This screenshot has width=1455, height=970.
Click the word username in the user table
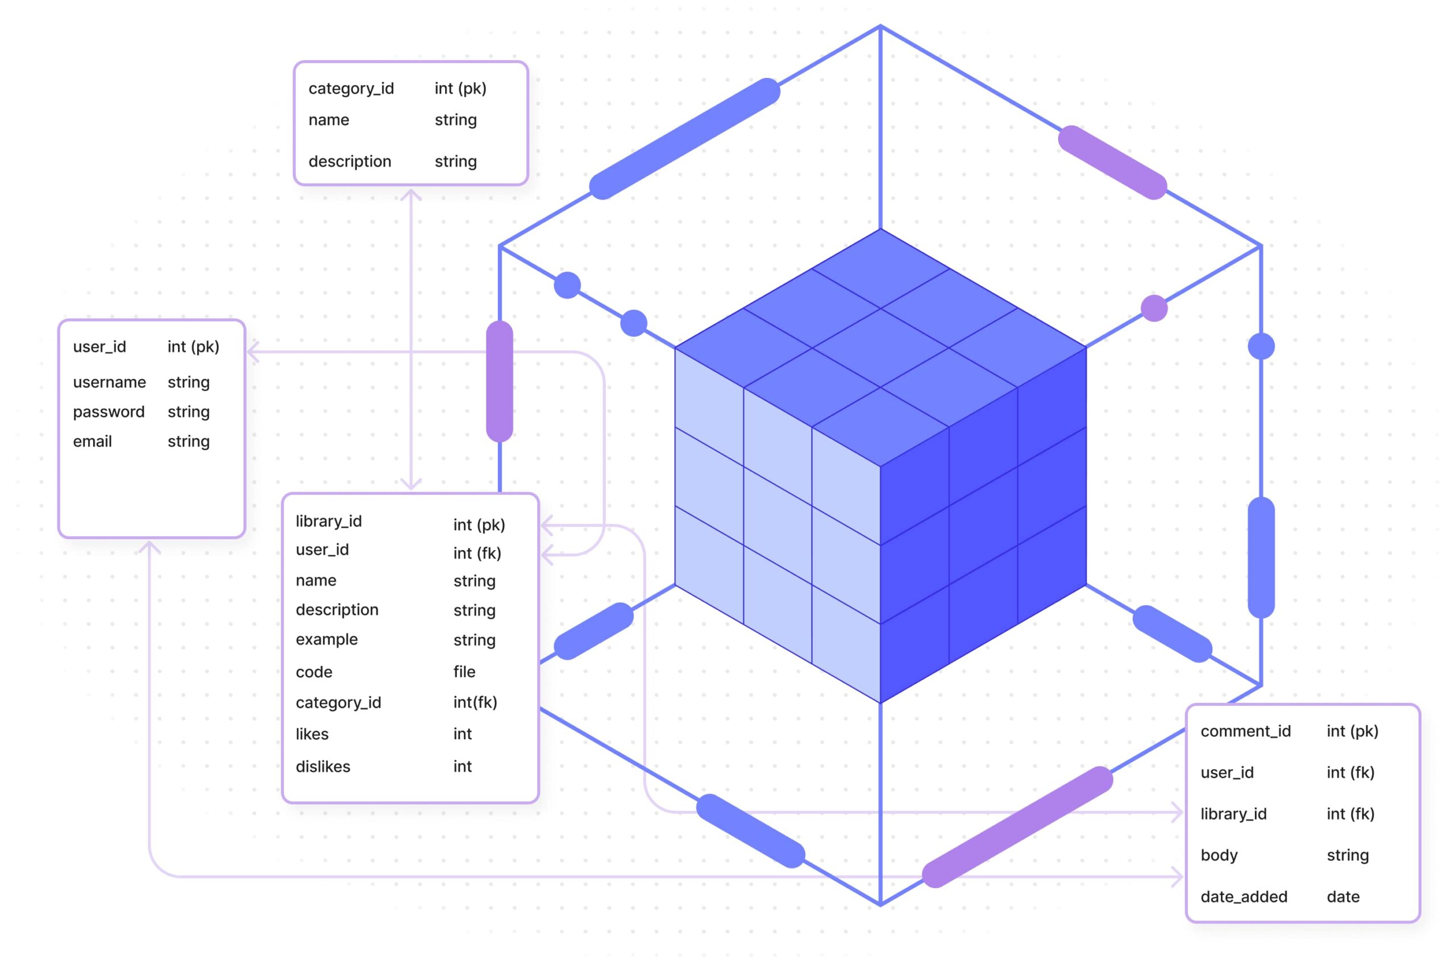tap(110, 382)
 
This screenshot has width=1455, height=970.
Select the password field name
tap(109, 412)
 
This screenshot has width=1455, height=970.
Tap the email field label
tap(92, 442)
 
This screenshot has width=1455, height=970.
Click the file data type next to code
tap(464, 672)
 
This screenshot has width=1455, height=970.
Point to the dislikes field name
tap(323, 767)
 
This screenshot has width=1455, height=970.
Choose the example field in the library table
tap(327, 640)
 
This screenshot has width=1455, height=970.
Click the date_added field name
tap(1244, 897)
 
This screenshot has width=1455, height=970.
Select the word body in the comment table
tap(1219, 856)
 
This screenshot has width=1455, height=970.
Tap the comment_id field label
tap(1246, 732)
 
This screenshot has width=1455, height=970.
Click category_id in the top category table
tap(351, 89)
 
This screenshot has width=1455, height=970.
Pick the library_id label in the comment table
tap(1233, 814)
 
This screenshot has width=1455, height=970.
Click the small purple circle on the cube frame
tap(1154, 308)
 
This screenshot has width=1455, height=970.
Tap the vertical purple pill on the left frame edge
tap(500, 382)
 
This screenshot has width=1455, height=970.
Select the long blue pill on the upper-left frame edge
tap(685, 139)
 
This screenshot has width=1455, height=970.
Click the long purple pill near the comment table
tap(1017, 827)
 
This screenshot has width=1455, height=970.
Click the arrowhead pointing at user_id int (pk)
tap(252, 352)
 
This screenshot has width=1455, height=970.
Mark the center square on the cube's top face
tap(880, 348)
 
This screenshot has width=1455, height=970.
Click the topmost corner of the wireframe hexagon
tap(880, 26)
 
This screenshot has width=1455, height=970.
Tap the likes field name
tap(312, 734)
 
